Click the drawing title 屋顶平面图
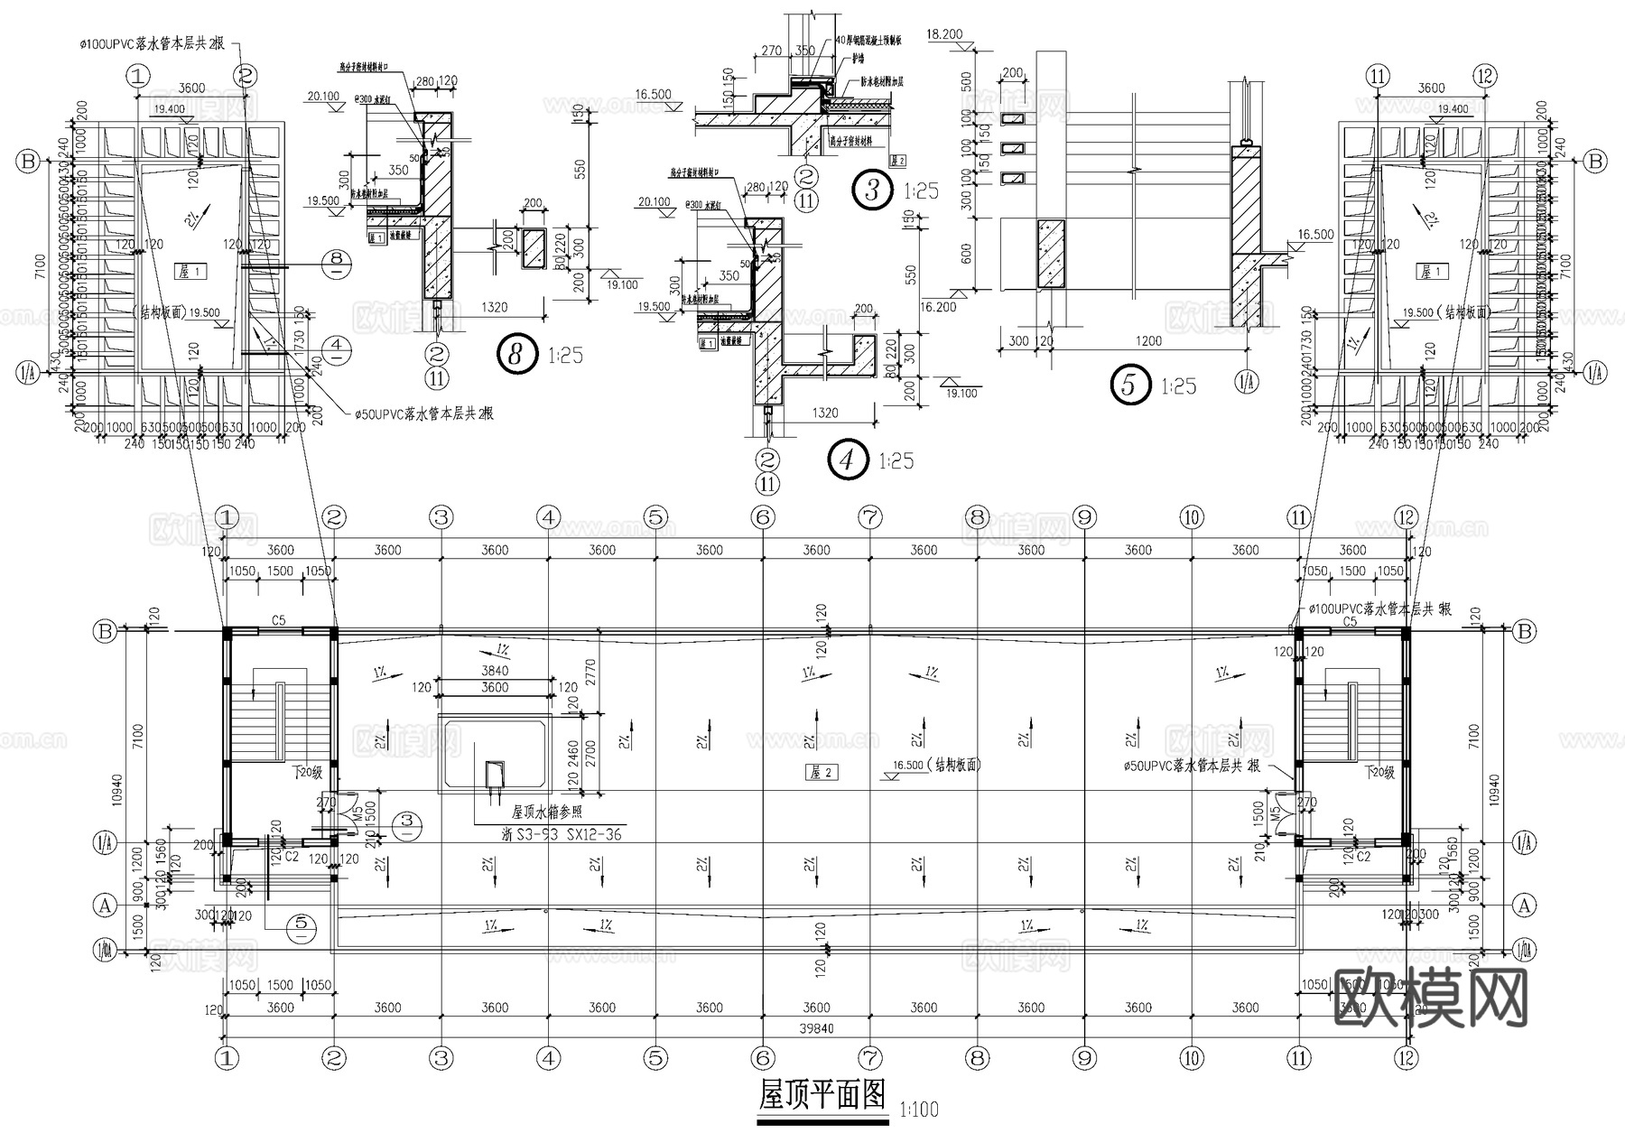pos(822,1095)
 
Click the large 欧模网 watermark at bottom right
pos(1430,1000)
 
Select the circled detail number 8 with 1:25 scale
pos(515,354)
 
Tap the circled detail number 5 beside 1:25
pos(1128,385)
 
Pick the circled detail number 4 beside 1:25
pos(847,460)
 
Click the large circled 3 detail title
pos(871,190)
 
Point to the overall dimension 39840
pos(816,1028)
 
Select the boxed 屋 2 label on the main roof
pos(820,772)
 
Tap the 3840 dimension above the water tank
pos(495,671)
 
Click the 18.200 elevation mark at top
pos(944,33)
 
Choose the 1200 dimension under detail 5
pos(1148,341)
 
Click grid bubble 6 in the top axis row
pos(763,517)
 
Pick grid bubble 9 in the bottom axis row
pos(1084,1057)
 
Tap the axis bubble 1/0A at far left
pos(106,949)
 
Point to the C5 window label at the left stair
pos(279,620)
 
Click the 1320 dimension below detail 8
pos(494,307)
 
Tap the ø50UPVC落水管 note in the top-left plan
pos(422,413)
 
